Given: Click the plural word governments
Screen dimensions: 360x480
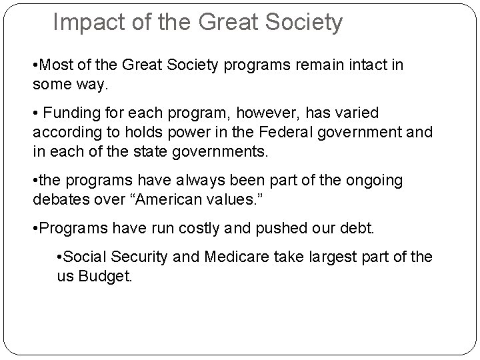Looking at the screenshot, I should click(223, 151).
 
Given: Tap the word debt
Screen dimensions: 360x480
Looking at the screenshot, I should click(361, 229).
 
